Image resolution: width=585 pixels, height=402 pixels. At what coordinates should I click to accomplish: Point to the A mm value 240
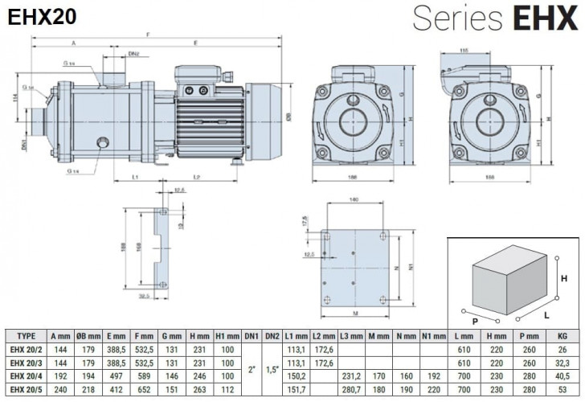tap(60, 390)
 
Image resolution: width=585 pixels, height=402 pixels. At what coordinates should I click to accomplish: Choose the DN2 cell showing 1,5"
tap(272, 370)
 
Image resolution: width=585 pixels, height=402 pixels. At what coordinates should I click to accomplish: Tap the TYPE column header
tap(27, 337)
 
